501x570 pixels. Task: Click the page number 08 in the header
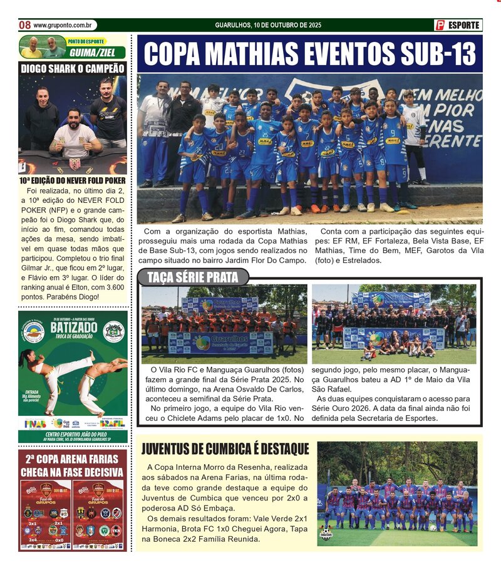[24, 25]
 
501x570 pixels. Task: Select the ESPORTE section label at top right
[464, 25]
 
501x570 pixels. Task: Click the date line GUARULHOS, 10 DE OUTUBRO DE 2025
[268, 25]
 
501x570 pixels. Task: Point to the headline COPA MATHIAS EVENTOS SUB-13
[309, 54]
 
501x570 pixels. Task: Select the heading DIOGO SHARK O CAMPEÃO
[73, 68]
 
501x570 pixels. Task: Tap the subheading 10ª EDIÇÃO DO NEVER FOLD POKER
[72, 180]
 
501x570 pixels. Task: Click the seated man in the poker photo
[75, 133]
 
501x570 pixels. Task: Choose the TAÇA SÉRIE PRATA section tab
[192, 277]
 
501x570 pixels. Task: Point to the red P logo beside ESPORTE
[440, 25]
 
